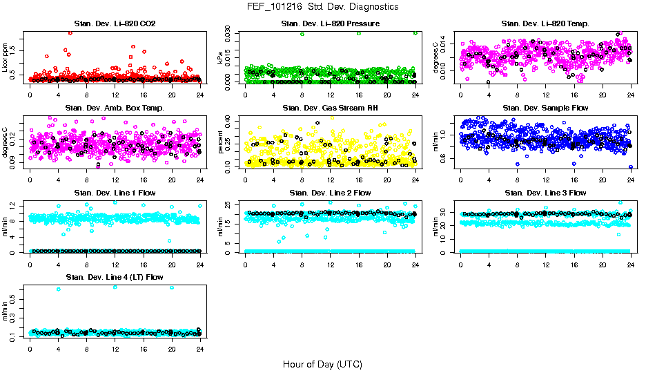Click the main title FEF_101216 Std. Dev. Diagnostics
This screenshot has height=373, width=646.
[x=322, y=7]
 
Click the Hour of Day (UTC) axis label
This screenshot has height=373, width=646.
[x=322, y=363]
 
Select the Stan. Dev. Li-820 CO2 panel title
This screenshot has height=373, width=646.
[x=115, y=24]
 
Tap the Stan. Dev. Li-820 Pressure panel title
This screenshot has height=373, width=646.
[x=331, y=24]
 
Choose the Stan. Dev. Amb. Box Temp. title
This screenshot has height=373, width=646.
[x=115, y=108]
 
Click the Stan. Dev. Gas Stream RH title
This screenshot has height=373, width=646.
[x=331, y=108]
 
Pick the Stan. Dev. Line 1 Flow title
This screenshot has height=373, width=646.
[x=115, y=193]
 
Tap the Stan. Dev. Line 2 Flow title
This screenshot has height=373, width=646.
[x=331, y=193]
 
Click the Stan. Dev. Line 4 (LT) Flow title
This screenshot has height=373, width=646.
[x=115, y=277]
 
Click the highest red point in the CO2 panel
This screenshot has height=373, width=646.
[x=70, y=32]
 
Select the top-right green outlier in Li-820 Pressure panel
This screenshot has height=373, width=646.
[x=415, y=32]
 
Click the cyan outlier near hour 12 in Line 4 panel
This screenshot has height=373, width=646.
[x=115, y=287]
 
